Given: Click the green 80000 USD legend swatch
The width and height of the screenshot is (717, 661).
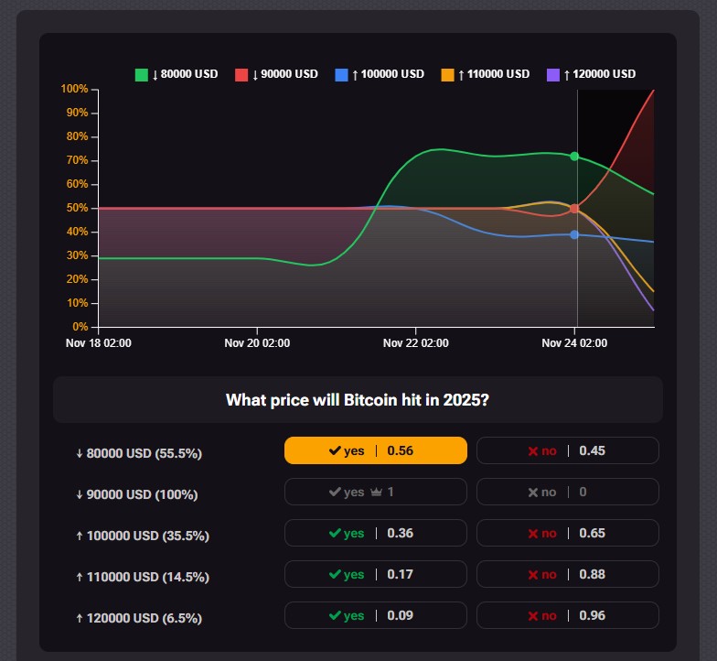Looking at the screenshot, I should coord(142,74).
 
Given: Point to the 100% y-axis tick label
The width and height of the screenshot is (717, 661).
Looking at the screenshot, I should coord(74,89).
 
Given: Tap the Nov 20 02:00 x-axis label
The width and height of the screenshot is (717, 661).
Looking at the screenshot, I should coord(257,343).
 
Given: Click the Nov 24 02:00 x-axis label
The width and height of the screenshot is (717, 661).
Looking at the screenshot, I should coord(574,343).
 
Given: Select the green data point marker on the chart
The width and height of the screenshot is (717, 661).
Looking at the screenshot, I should coord(574,157).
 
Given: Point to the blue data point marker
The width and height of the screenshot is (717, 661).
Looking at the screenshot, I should coord(574,234).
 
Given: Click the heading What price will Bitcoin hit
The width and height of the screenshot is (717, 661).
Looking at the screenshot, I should coord(357,400).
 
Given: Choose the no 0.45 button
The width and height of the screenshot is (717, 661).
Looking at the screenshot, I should coord(567,450).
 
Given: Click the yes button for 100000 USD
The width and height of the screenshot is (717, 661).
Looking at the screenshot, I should coord(375,533).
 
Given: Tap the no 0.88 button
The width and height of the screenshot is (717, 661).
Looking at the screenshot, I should coord(567,574).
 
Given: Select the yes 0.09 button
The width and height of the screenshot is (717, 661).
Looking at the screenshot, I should coord(375,615).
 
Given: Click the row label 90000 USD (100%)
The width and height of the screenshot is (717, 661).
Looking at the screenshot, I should coord(137,494).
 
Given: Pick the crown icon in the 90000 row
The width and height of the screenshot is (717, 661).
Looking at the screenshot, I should coord(375,493).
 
